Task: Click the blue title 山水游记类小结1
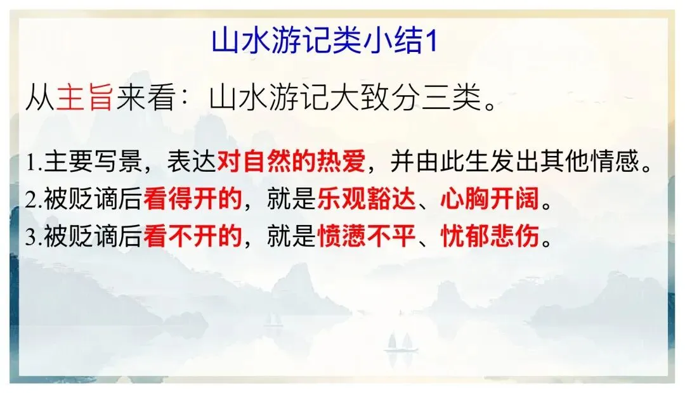pos(325,42)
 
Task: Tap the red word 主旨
pos(84,100)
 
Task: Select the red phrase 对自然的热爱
pos(291,164)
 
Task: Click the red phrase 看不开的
pos(193,237)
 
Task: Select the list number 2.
pos(33,201)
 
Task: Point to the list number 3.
pos(33,238)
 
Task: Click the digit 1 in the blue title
pos(431,42)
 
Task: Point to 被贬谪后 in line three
pos(93,237)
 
